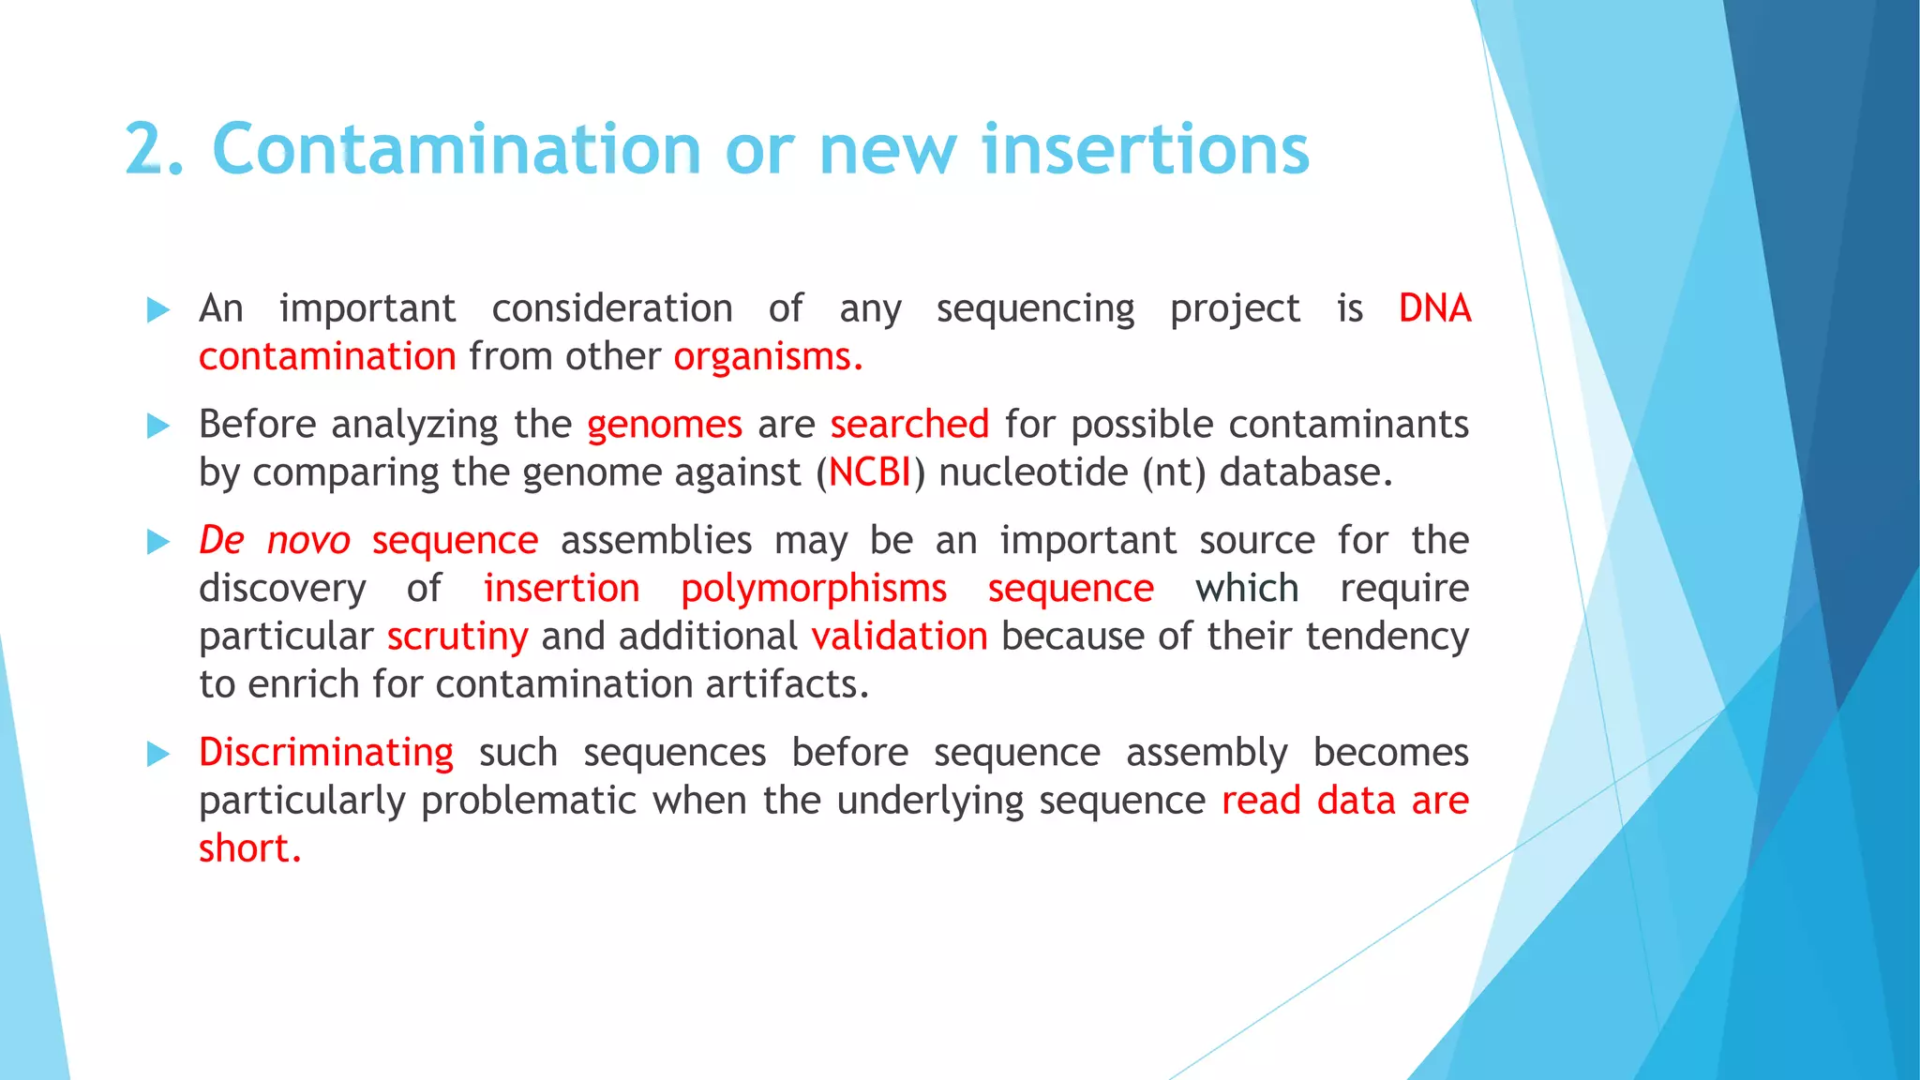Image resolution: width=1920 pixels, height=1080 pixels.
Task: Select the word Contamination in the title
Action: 457,150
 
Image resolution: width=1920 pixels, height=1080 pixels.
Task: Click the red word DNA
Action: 1433,308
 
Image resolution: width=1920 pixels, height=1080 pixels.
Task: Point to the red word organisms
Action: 767,357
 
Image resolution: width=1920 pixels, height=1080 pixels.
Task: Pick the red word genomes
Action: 664,425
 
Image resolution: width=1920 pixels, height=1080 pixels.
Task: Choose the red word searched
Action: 908,425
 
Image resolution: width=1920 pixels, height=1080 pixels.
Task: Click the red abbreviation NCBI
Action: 869,472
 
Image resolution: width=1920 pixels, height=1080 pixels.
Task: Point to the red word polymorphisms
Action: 813,589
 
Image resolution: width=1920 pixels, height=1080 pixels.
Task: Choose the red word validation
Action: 899,637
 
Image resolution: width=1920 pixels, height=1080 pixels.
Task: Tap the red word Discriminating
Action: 325,753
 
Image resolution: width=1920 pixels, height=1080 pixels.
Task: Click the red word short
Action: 248,848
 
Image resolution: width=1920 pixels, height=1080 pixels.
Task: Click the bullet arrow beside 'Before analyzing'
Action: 158,427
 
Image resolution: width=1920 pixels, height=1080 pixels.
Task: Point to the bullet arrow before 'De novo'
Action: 158,542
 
